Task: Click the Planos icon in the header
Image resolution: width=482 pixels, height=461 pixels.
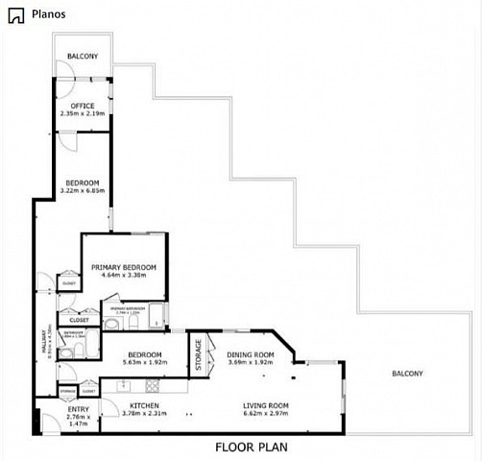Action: [x=15, y=14]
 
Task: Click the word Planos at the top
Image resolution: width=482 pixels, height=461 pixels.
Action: [x=48, y=14]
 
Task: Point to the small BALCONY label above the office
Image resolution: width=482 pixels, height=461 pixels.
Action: [x=83, y=57]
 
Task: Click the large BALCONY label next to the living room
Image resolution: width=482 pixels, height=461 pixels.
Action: [x=410, y=373]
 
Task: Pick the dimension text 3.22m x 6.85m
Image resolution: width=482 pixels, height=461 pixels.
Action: [x=84, y=191]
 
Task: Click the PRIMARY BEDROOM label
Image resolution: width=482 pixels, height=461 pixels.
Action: [x=123, y=268]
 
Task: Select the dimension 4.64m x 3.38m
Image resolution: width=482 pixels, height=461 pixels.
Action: [x=123, y=278]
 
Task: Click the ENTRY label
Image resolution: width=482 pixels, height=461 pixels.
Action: [x=79, y=409]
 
